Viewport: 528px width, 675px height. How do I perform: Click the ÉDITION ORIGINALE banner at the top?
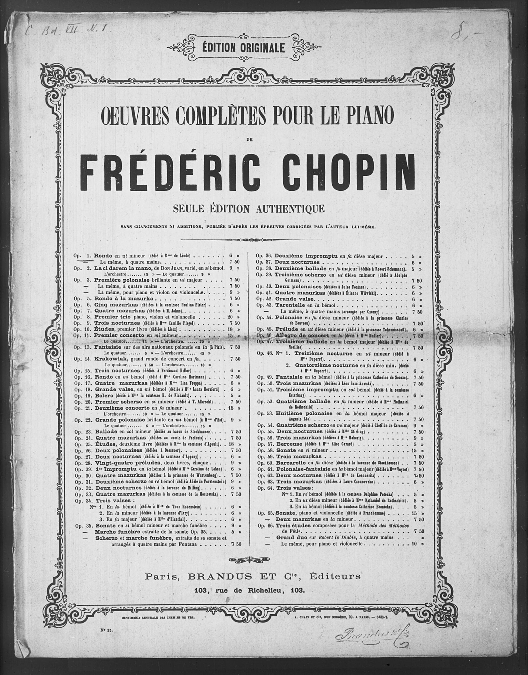[x=243, y=48]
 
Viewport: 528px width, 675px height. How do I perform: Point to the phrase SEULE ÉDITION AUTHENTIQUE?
[x=249, y=209]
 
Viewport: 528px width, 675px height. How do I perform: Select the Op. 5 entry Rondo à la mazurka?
[x=124, y=299]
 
